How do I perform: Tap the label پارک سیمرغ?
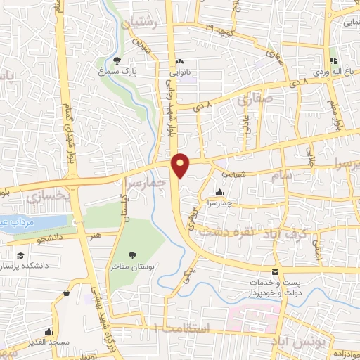pos(117,71)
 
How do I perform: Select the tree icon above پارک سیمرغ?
pos(117,60)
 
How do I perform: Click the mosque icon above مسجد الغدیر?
pos(49,330)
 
